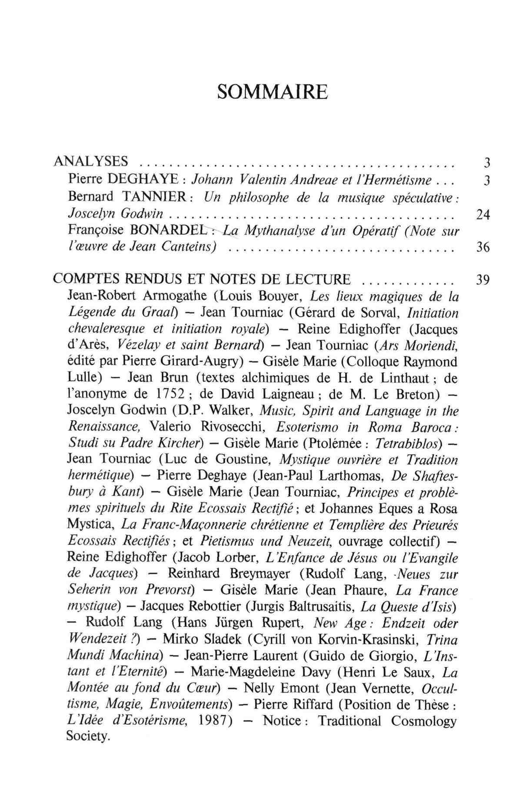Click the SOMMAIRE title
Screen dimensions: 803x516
(272, 92)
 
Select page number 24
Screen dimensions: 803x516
(483, 215)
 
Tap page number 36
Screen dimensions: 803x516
(483, 248)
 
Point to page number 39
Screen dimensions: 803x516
(483, 280)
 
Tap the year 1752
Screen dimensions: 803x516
(174, 394)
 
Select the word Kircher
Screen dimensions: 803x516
(179, 443)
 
